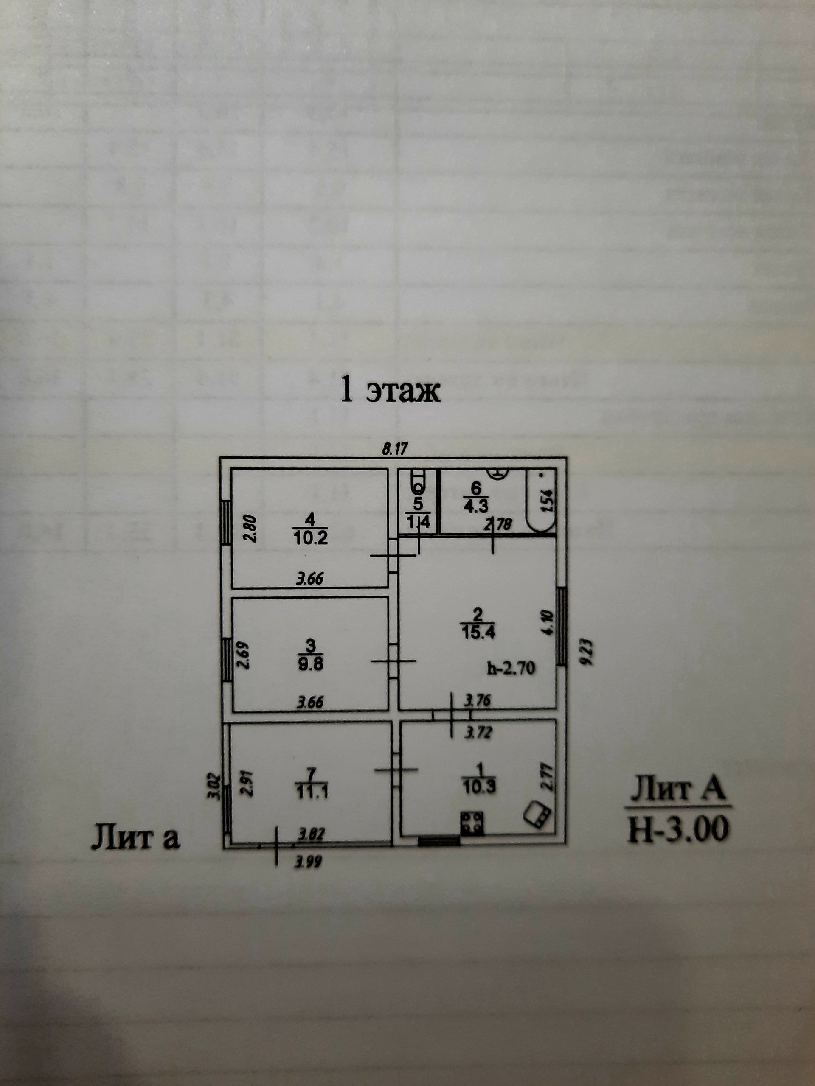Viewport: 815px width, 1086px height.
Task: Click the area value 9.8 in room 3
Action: coord(310,664)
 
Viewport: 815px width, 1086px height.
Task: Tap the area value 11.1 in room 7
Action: coord(312,792)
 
